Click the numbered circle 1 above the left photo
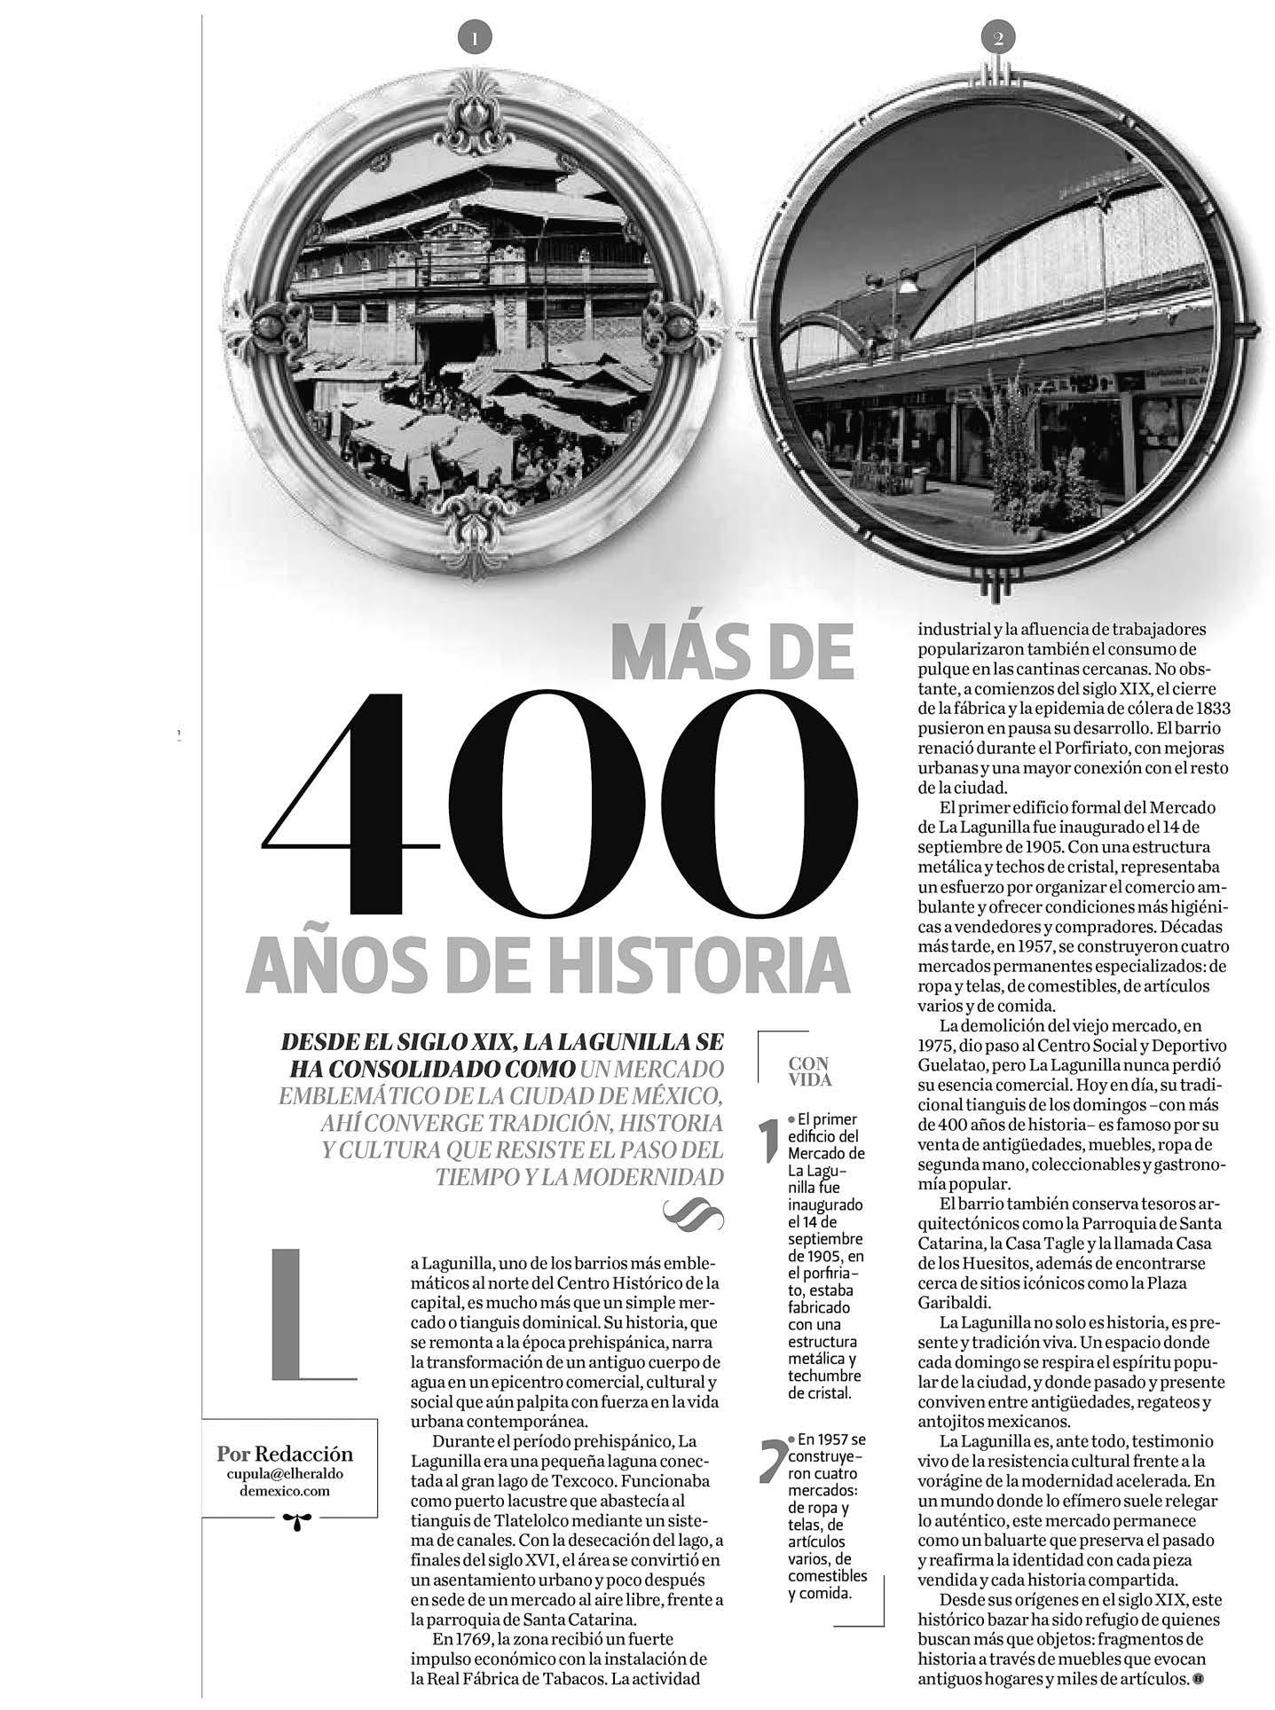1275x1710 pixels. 474,38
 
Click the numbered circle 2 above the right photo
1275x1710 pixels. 998,38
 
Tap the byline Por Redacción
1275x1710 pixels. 285,1454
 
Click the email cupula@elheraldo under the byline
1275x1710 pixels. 286,1473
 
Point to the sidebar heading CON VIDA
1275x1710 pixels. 808,1071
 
